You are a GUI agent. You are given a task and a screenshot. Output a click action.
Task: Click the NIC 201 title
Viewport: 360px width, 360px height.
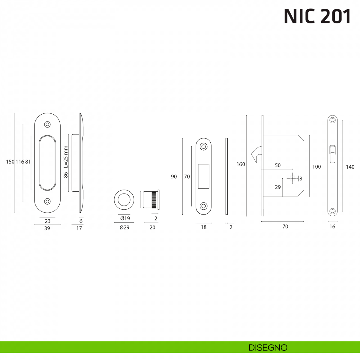(x=317, y=16)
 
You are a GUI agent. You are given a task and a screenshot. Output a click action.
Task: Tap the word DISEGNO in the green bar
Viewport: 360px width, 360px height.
(x=268, y=348)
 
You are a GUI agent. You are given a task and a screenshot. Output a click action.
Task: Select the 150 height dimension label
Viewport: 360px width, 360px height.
(x=10, y=162)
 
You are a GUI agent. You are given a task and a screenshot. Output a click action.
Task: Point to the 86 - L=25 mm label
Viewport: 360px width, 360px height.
(x=66, y=162)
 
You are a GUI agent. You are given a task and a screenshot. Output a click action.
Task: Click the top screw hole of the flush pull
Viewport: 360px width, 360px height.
(x=47, y=124)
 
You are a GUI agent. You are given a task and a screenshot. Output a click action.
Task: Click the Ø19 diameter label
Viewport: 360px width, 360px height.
(x=125, y=218)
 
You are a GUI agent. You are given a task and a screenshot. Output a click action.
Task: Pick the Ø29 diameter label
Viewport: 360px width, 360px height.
(x=124, y=227)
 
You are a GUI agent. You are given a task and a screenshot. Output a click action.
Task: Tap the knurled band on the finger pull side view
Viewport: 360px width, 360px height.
(x=154, y=200)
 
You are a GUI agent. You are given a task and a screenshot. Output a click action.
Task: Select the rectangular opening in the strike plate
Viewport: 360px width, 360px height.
(x=203, y=176)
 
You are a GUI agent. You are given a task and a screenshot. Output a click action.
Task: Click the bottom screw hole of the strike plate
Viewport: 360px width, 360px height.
(x=203, y=206)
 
